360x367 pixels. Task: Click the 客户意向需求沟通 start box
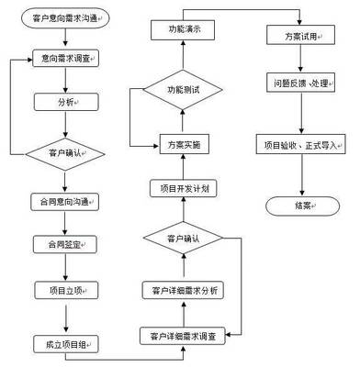66,17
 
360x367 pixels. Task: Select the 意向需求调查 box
66,58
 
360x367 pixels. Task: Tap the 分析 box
66,102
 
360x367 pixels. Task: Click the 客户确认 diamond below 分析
66,153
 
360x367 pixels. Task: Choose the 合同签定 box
66,245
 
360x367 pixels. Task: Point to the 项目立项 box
66,291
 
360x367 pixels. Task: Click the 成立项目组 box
66,345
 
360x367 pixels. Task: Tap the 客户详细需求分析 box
183,291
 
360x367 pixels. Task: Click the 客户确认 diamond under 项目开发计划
183,239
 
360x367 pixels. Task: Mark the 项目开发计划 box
183,188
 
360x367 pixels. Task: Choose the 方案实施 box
183,145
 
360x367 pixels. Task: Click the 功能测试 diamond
183,91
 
